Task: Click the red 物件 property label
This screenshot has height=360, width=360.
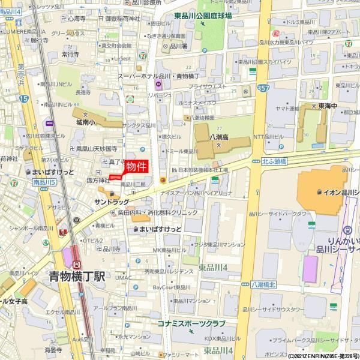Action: (136, 166)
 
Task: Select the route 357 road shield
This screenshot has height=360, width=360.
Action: (263, 88)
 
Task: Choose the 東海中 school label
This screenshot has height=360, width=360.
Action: (327, 107)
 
